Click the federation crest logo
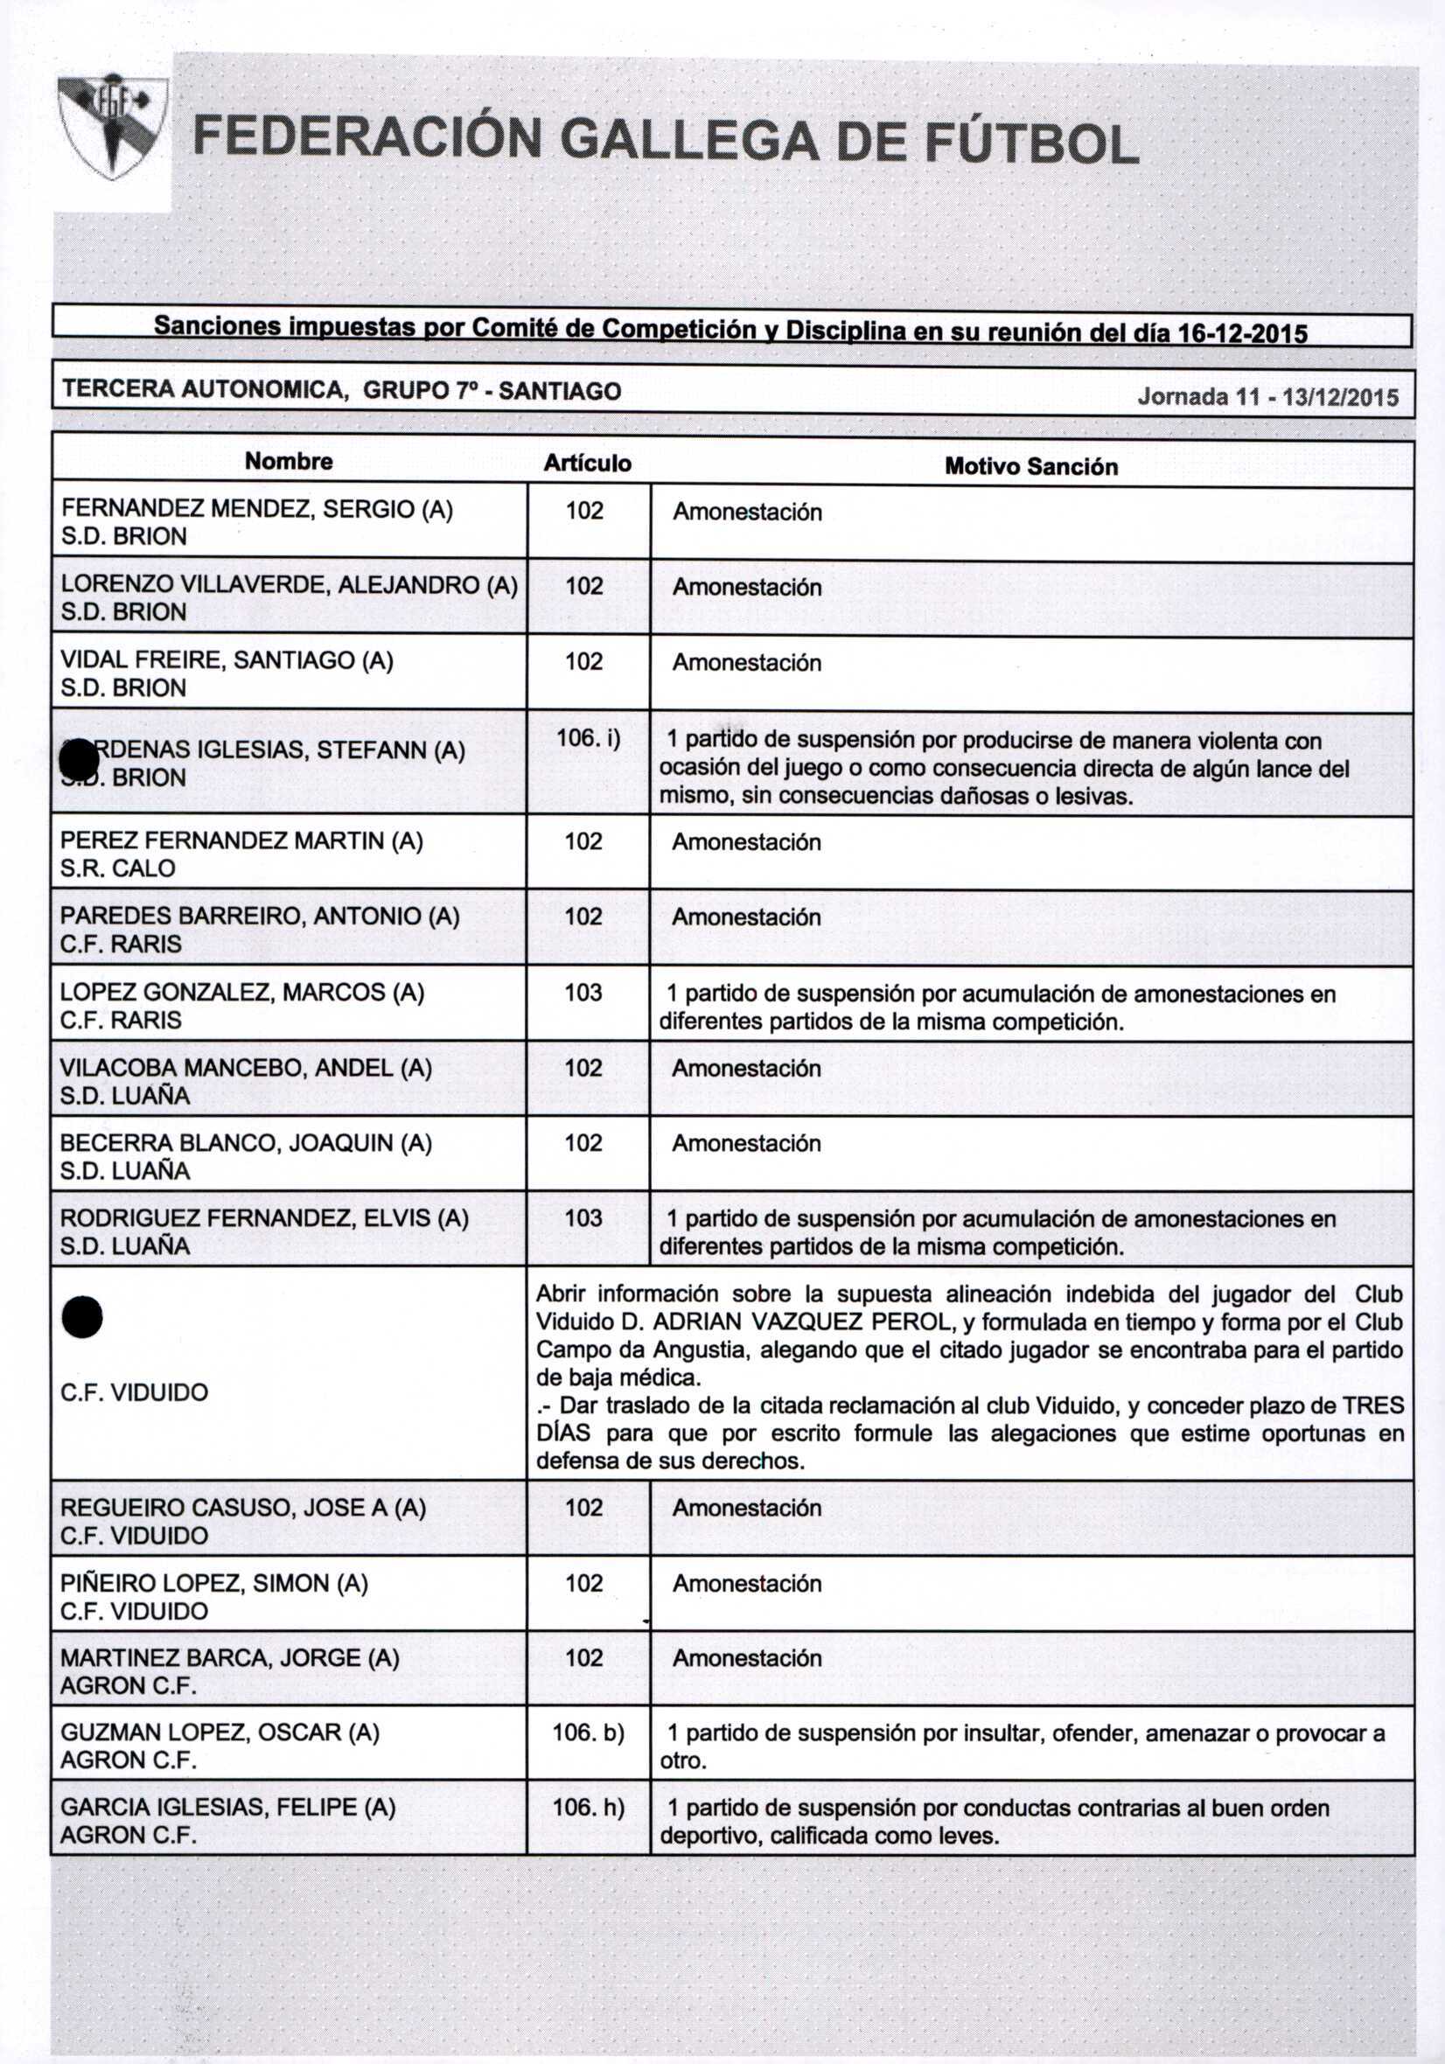(113, 126)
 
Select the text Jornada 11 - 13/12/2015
(1267, 396)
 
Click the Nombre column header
(289, 461)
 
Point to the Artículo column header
(587, 463)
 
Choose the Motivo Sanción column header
(1030, 466)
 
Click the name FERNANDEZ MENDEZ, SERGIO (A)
(256, 510)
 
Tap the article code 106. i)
(588, 738)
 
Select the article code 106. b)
(588, 1733)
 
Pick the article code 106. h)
(588, 1807)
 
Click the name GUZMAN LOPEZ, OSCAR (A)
(220, 1733)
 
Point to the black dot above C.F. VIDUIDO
(82, 1317)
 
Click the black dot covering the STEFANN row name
(78, 760)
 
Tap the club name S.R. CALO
(118, 868)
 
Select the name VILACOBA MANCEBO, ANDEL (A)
(246, 1068)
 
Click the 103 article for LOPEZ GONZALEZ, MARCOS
(583, 993)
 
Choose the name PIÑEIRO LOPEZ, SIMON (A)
(214, 1583)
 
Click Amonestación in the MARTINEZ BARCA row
(746, 1658)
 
